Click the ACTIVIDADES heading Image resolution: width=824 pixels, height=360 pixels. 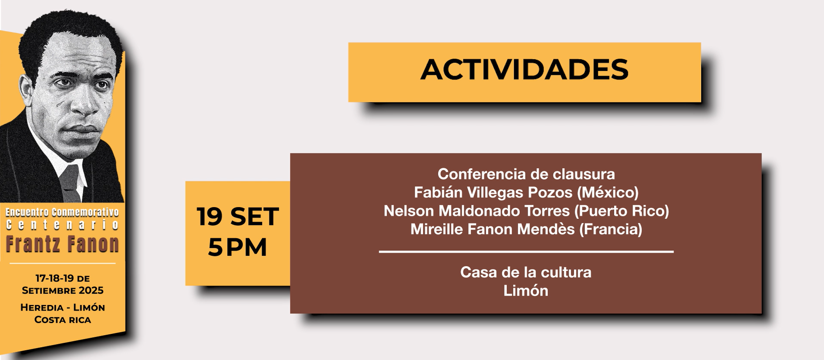point(524,69)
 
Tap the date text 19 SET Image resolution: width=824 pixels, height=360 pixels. point(238,217)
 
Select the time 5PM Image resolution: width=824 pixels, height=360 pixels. point(237,248)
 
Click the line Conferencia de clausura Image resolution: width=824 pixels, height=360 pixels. point(526,174)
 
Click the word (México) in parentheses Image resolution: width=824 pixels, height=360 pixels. point(608,193)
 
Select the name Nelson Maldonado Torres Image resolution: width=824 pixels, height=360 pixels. point(477,211)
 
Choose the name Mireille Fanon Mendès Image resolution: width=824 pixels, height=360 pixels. point(492,229)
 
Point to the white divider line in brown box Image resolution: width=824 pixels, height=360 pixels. point(526,252)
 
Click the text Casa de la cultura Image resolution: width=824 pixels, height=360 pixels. point(526,272)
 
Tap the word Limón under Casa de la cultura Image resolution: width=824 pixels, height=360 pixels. point(526,291)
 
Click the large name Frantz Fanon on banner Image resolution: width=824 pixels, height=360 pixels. point(62,245)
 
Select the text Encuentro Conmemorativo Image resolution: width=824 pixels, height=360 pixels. point(62,212)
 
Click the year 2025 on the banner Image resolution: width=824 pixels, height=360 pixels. point(91,290)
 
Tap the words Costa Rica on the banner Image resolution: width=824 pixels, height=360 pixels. point(63,320)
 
